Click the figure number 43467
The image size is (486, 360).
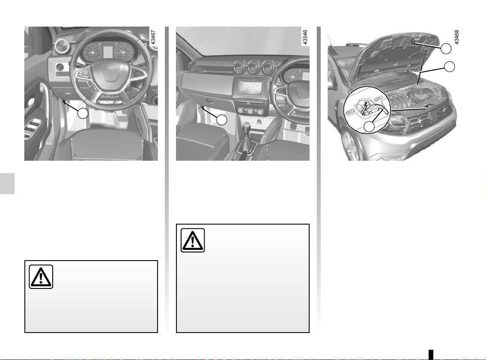pos(153,38)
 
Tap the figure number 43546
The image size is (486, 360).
pos(305,38)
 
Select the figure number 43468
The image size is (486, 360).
pos(456,37)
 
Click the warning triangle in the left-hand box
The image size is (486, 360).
pos(41,277)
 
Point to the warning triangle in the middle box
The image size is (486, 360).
pos(193,240)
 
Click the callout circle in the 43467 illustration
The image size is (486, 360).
pos(83,113)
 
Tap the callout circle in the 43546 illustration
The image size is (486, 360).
pos(222,120)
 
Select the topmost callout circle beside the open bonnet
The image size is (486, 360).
pos(446,48)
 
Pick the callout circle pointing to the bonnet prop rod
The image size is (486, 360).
pos(450,67)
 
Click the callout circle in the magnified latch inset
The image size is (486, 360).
pos(369,126)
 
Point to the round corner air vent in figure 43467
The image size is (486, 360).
pos(61,46)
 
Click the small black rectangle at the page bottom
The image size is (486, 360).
pos(431,354)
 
